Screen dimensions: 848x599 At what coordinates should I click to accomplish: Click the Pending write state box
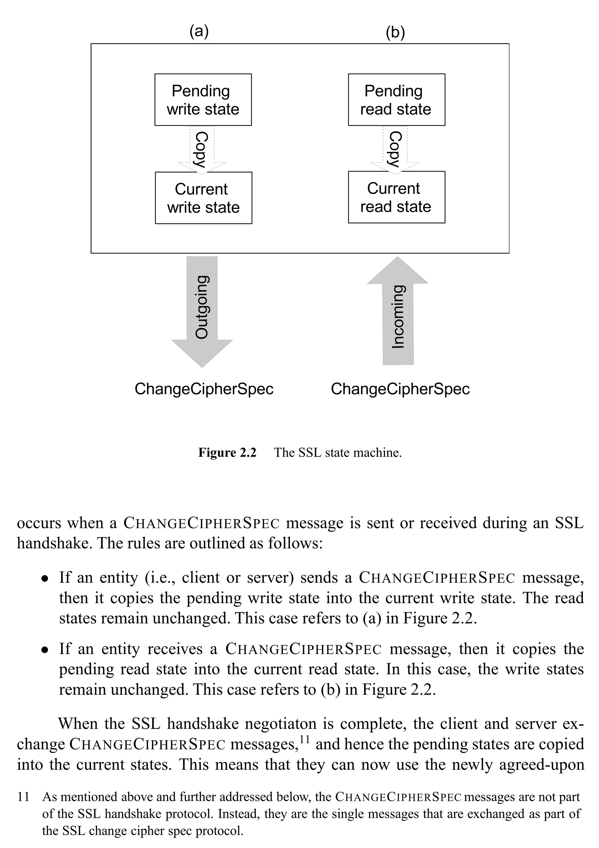pos(203,100)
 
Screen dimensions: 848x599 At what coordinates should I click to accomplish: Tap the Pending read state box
pos(396,100)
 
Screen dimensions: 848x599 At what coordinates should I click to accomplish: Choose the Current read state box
pos(396,197)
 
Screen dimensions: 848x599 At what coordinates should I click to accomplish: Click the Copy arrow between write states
pos(202,149)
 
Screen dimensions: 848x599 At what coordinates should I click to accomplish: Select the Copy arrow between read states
pos(395,149)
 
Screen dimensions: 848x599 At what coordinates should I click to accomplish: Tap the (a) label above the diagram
pos(199,31)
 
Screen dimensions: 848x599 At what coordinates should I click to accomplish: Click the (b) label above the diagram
pos(395,32)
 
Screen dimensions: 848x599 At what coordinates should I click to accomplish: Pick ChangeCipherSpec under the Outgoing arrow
pos(204,389)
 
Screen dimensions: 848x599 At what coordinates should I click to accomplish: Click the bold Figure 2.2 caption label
pos(227,453)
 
